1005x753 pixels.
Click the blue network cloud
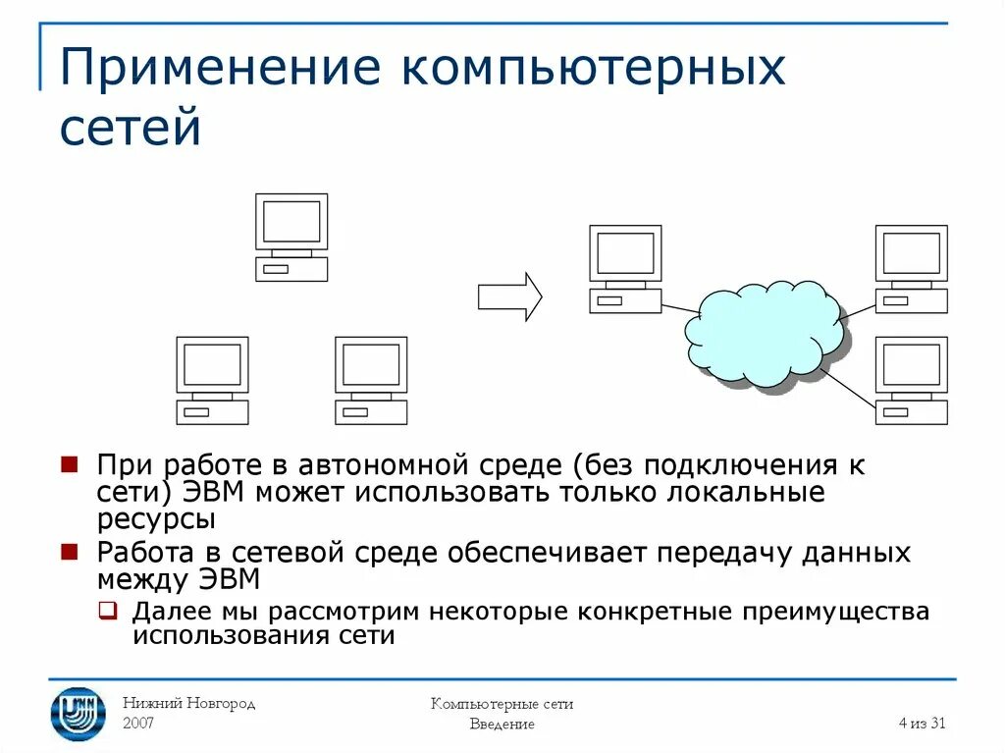coord(764,334)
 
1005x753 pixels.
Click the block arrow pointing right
coord(509,296)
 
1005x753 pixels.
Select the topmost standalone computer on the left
coord(291,238)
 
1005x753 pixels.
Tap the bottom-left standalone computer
coord(212,381)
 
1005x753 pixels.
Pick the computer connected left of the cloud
coord(625,269)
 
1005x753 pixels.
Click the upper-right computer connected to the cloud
coord(911,269)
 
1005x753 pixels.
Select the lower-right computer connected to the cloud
coord(911,381)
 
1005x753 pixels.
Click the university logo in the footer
coord(78,713)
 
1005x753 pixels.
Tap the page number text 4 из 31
coord(922,724)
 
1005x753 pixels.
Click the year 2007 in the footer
coord(138,724)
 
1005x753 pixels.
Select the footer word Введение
coord(502,725)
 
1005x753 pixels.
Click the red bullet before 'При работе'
coord(70,464)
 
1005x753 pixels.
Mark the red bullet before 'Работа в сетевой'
coord(70,553)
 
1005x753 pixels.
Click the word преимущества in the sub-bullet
coord(835,612)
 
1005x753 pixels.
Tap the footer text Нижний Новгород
coord(188,704)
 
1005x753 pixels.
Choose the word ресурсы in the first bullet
coord(155,519)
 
